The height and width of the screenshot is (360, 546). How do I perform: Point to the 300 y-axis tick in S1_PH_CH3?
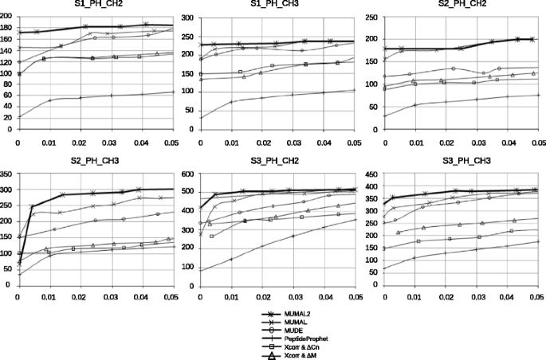(191, 15)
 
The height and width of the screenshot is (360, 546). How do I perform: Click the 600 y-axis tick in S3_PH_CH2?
(191, 174)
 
